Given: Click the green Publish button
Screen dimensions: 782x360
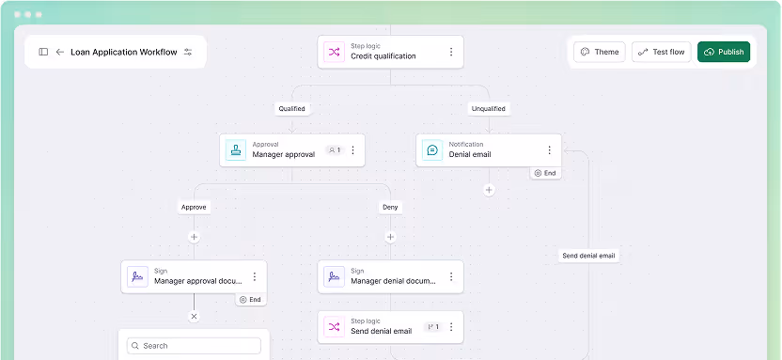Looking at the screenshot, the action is click(724, 52).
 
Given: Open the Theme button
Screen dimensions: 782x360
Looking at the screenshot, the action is click(599, 52).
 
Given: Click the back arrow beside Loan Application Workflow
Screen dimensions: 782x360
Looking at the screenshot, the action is click(60, 52).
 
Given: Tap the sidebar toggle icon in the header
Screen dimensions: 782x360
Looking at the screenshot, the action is click(43, 52).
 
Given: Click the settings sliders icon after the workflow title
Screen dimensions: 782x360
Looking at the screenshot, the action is click(188, 52).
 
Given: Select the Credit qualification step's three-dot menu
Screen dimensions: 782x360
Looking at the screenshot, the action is click(450, 52).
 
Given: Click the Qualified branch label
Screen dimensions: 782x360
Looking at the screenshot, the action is click(291, 108).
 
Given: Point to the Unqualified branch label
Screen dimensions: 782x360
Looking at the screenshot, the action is click(488, 108).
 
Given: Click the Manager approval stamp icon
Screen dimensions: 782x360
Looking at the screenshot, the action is click(235, 150).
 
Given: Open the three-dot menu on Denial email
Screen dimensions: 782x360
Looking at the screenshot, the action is click(549, 150).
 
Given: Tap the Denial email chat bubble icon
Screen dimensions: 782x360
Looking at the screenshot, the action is click(432, 150).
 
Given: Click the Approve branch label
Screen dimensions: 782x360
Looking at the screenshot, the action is click(194, 207).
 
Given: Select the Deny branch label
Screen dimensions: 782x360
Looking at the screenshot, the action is click(390, 207).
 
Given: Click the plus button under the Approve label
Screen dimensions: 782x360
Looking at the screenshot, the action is click(195, 237).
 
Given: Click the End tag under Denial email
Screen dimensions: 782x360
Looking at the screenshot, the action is click(544, 173).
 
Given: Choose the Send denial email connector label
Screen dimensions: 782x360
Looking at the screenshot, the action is click(588, 256).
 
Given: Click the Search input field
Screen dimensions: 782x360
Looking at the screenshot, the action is click(194, 345).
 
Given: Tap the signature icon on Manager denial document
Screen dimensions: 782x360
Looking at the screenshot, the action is click(333, 276).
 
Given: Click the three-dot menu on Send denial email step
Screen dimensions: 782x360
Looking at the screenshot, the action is click(450, 327).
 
